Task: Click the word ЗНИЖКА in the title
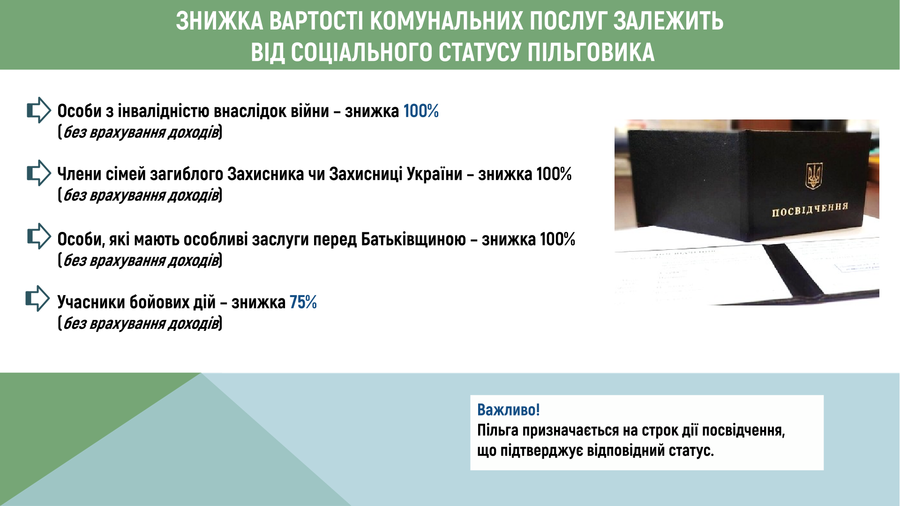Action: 220,21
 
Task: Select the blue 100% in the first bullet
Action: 421,111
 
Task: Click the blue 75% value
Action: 303,302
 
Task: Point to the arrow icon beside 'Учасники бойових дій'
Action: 38,298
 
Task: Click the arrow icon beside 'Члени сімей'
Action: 39,173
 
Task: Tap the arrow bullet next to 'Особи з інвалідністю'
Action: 39,110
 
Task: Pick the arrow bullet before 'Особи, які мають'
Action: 39,236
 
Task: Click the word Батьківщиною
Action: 413,239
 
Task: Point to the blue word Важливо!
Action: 509,410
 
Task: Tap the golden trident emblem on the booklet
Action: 814,176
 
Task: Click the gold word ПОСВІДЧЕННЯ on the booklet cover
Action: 810,209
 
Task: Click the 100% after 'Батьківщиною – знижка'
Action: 557,239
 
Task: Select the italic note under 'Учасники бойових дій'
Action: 140,323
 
